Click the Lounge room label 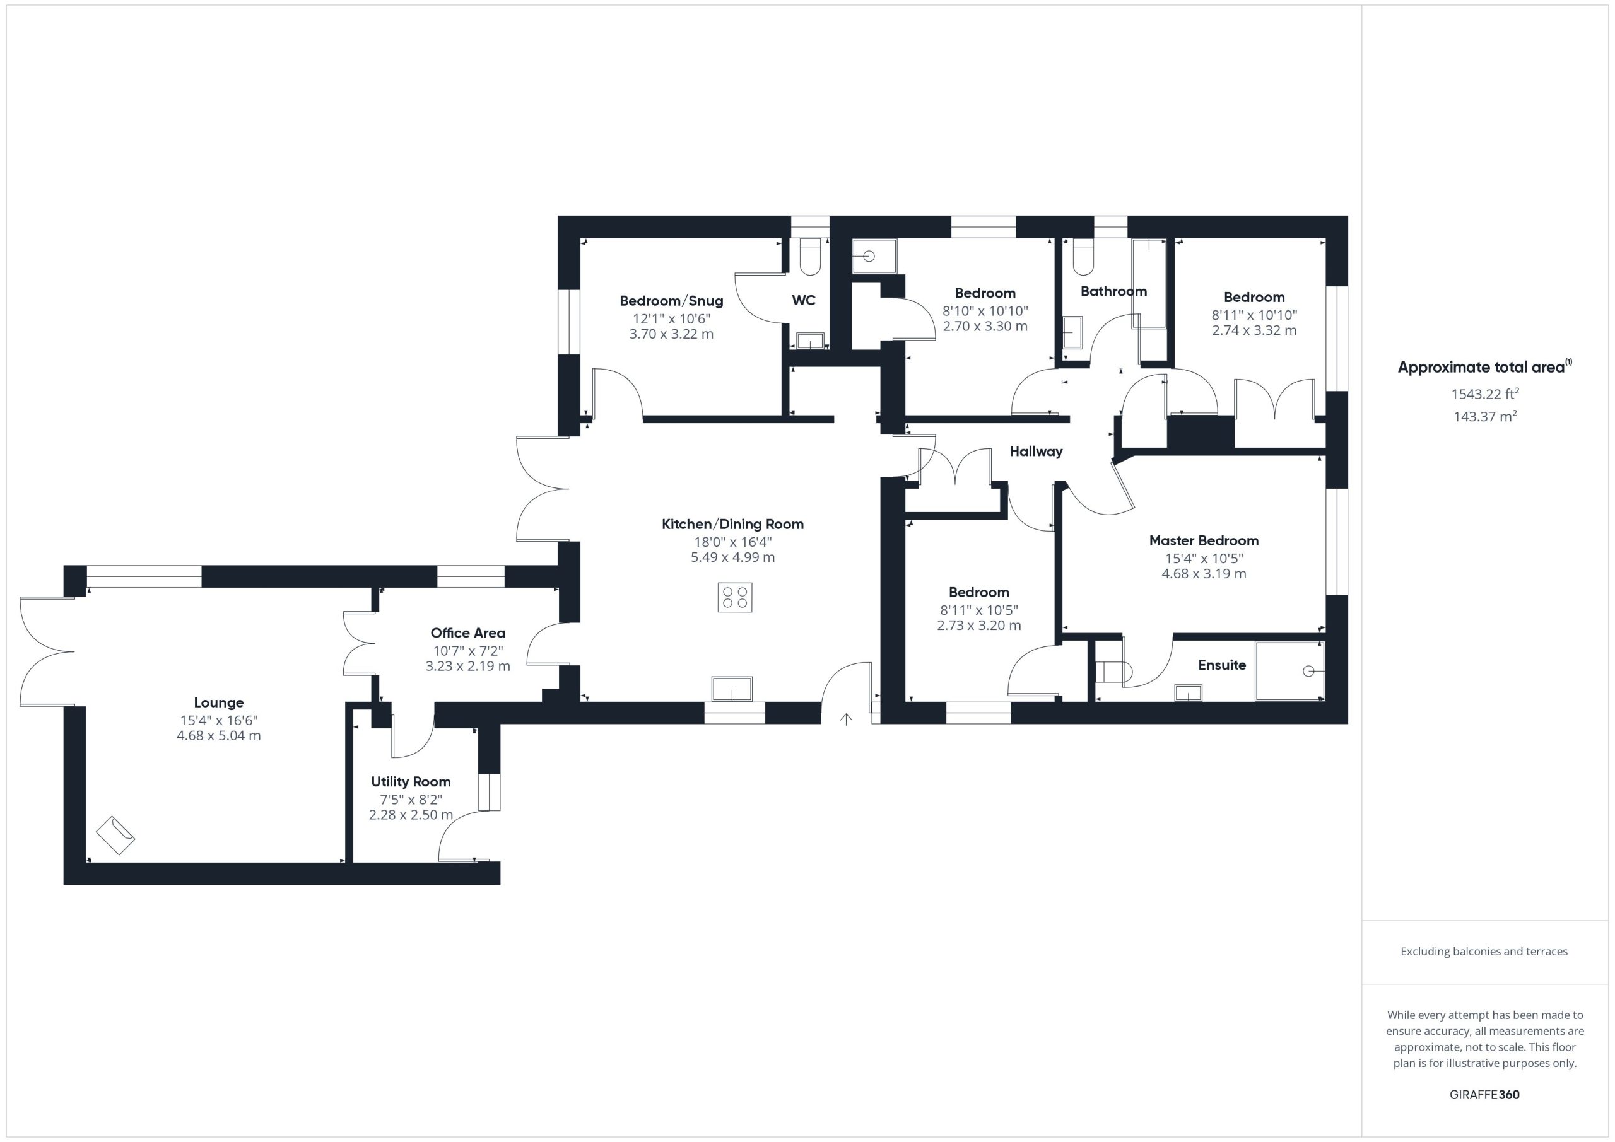[219, 702]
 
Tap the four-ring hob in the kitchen [735, 598]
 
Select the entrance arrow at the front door [846, 719]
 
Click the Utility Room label [411, 781]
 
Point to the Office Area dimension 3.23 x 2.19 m [467, 666]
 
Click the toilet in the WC [810, 257]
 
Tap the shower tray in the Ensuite [1291, 671]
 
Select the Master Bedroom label [1204, 541]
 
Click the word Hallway [1036, 452]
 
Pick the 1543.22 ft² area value [1485, 393]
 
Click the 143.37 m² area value [1485, 416]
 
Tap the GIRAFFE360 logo [1485, 1095]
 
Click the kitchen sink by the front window [732, 689]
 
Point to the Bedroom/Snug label [671, 301]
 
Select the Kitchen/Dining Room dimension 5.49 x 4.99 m [732, 557]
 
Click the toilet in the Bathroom [1083, 257]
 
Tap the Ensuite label [1222, 665]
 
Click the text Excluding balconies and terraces [1484, 952]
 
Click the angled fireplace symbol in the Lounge [115, 836]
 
